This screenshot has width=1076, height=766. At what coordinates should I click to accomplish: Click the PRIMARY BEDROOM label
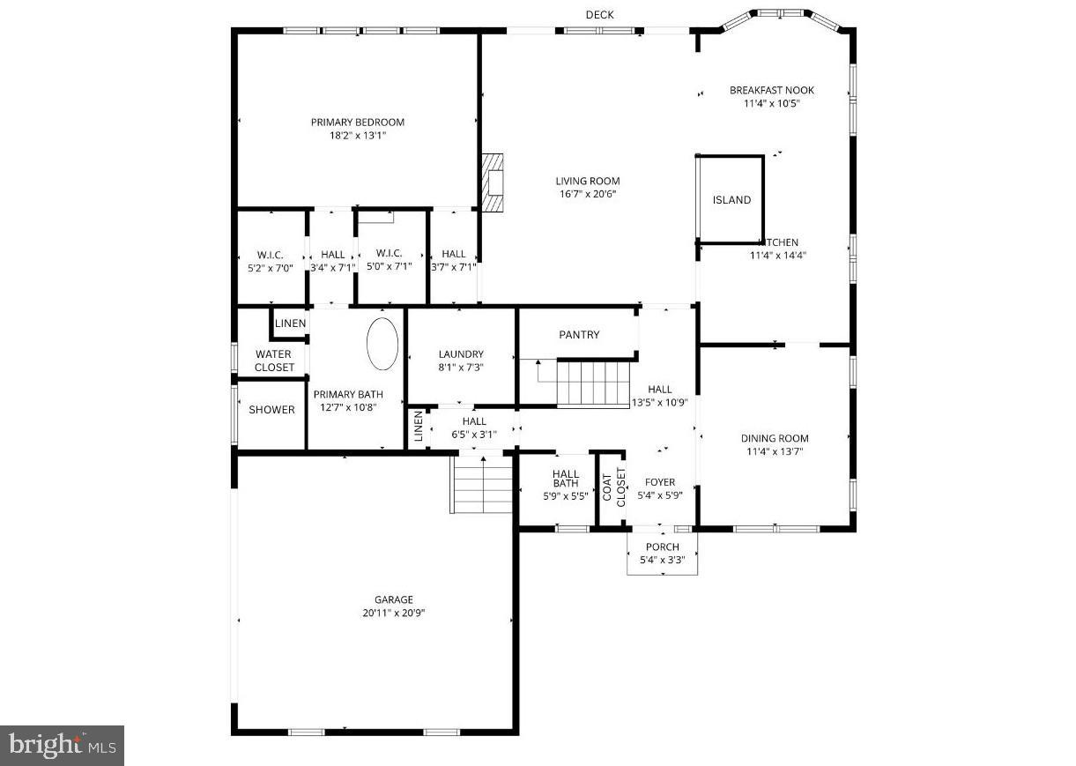click(x=357, y=123)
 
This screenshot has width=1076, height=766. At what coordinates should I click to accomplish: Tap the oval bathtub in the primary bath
click(x=382, y=344)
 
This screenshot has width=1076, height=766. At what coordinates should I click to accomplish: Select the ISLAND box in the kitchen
click(x=731, y=199)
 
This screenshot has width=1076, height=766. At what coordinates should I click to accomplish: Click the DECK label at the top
click(x=599, y=15)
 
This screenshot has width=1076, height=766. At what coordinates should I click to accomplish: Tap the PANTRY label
click(x=579, y=335)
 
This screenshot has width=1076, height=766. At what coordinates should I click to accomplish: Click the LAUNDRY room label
click(x=461, y=354)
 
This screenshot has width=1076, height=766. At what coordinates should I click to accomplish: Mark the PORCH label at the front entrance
click(x=662, y=547)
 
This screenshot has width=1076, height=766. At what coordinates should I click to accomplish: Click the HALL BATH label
click(x=565, y=478)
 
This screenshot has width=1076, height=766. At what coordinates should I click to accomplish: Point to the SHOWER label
click(x=271, y=410)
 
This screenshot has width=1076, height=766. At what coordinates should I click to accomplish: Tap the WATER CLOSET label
click(x=273, y=361)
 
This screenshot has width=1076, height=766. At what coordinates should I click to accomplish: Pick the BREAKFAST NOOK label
click(x=771, y=90)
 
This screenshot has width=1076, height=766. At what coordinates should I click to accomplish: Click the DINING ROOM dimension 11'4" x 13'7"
click(x=774, y=451)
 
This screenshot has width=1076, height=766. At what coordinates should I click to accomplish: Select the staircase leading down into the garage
click(x=483, y=484)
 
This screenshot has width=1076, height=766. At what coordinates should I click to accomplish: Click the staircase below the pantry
click(x=593, y=384)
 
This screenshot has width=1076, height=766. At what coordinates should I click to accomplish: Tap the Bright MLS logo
click(x=62, y=746)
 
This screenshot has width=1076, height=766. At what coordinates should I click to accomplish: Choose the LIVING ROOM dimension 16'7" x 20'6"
click(x=587, y=194)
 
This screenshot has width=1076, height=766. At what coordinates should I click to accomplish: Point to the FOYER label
click(x=660, y=482)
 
